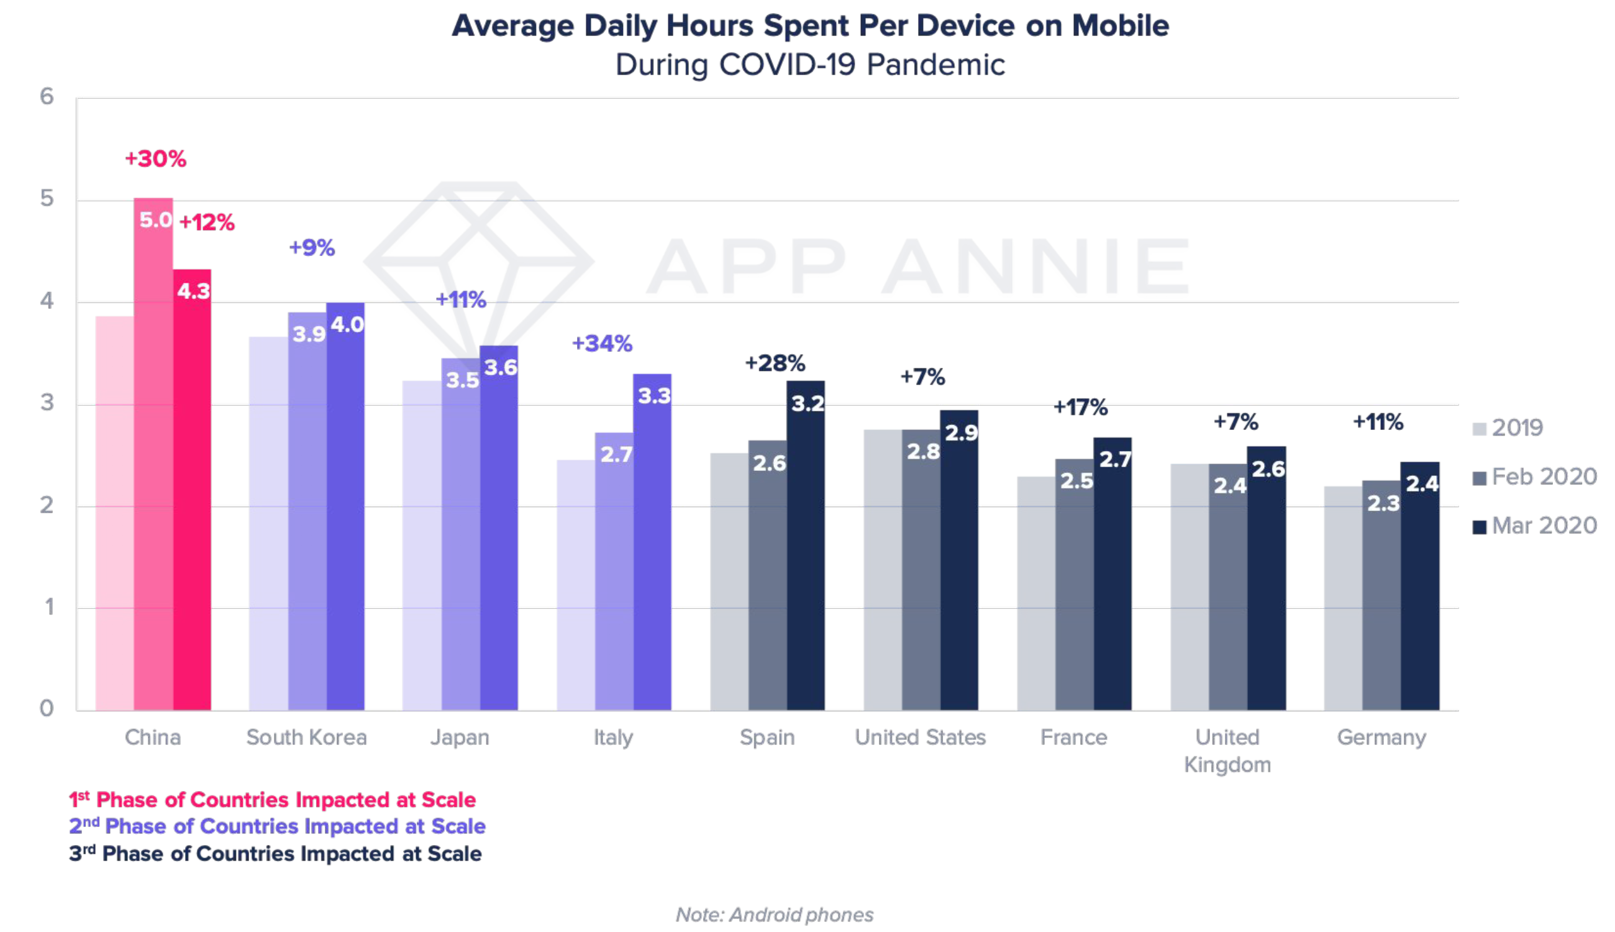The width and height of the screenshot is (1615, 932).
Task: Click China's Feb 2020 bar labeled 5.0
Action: (x=153, y=454)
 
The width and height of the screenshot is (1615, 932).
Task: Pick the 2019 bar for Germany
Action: (x=1342, y=598)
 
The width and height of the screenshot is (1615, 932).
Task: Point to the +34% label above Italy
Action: (x=601, y=344)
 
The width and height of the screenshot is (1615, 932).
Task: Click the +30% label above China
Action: (x=155, y=158)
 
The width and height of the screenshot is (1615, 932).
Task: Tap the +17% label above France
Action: (x=1080, y=407)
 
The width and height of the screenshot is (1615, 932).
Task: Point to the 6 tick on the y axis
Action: (x=47, y=97)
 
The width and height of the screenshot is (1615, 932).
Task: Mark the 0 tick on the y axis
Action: (x=47, y=708)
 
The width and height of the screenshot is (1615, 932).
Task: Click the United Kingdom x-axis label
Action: (x=1227, y=751)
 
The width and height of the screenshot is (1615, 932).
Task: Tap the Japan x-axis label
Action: (x=460, y=738)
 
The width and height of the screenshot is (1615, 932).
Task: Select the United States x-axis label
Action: (x=920, y=738)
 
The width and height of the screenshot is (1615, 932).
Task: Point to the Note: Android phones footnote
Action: (x=774, y=915)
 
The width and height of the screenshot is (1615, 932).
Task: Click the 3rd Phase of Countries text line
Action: (x=275, y=854)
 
